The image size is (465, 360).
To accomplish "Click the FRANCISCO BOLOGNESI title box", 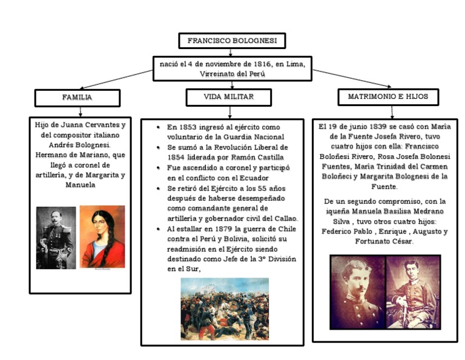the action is pos(232,41).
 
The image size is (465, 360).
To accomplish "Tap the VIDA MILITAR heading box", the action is pos(228,97).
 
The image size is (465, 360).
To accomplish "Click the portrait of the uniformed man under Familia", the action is pos(56,238).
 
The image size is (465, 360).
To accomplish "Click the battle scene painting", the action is pos(225,308).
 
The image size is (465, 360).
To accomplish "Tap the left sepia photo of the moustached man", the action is pos(357,292).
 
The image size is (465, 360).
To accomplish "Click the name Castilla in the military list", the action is pos(269,156).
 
